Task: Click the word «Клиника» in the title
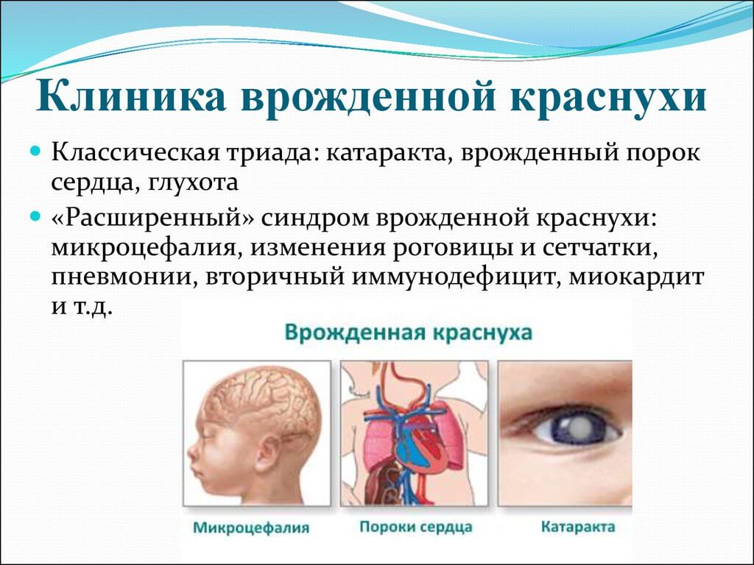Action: pos(131,97)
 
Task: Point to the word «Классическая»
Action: pos(137,153)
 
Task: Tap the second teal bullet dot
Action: pos(35,217)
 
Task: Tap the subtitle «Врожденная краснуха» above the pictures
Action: pos(408,333)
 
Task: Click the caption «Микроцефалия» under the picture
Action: pos(251,527)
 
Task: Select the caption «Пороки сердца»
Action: pos(416,527)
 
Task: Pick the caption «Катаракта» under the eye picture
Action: pos(578,527)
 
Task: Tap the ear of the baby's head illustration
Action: pos(267,452)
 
